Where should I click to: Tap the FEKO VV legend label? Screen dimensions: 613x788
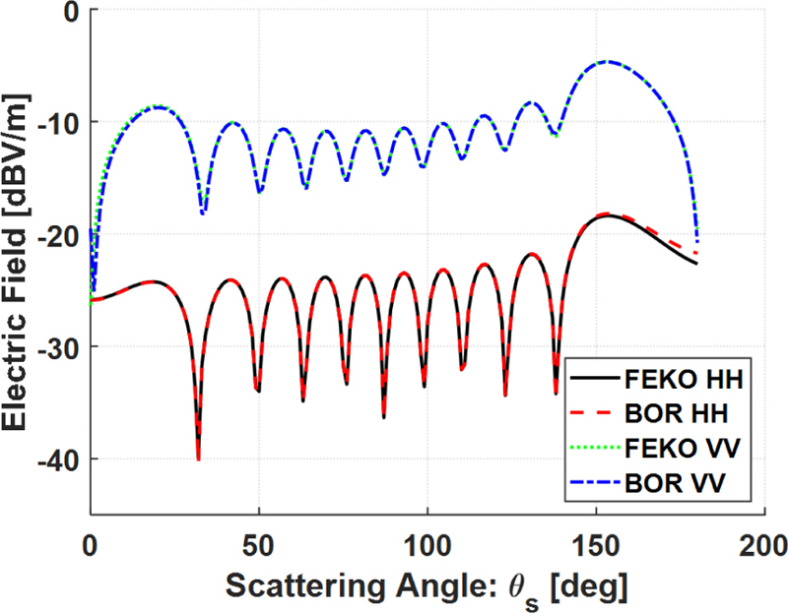[x=683, y=448]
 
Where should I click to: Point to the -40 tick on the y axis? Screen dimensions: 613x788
[x=60, y=459]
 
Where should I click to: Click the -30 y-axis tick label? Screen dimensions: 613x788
[x=60, y=346]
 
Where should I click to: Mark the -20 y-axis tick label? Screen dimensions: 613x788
[x=60, y=234]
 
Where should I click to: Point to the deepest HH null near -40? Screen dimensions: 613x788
[x=198, y=459]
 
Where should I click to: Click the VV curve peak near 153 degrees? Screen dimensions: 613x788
[x=606, y=61]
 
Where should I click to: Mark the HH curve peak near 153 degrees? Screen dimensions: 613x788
[x=606, y=215]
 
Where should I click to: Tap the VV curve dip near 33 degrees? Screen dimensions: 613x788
[x=203, y=212]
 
